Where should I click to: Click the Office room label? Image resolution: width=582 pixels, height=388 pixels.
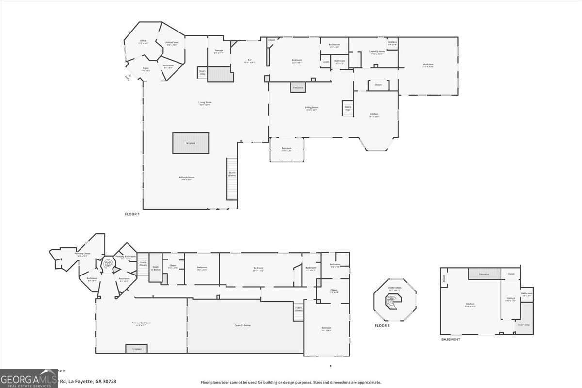click(x=143, y=41)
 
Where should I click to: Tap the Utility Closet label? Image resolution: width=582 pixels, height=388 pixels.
click(x=172, y=43)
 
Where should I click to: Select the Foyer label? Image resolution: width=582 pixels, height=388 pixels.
click(x=145, y=69)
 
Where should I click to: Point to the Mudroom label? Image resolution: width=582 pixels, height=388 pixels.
click(x=428, y=65)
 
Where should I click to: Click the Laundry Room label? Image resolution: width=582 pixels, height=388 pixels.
click(x=377, y=52)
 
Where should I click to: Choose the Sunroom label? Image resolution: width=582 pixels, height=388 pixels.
click(x=287, y=149)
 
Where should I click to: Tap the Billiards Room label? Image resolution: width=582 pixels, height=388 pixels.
click(x=186, y=178)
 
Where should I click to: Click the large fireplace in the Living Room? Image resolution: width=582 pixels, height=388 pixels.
click(x=191, y=143)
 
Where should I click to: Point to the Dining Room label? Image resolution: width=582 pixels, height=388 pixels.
click(x=311, y=108)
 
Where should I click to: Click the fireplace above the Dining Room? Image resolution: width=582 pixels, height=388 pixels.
click(x=297, y=88)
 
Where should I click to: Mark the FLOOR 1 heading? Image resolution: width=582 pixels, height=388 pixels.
click(x=132, y=214)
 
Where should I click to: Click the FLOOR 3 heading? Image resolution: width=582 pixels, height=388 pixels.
click(x=382, y=325)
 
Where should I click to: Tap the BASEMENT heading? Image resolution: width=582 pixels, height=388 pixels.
click(x=450, y=339)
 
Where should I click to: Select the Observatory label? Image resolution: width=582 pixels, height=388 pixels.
click(x=394, y=288)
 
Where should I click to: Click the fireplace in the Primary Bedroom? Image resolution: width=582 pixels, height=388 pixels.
click(x=136, y=349)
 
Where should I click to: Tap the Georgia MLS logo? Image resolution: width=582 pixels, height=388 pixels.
click(x=29, y=378)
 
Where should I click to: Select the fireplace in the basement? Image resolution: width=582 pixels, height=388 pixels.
click(x=484, y=274)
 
